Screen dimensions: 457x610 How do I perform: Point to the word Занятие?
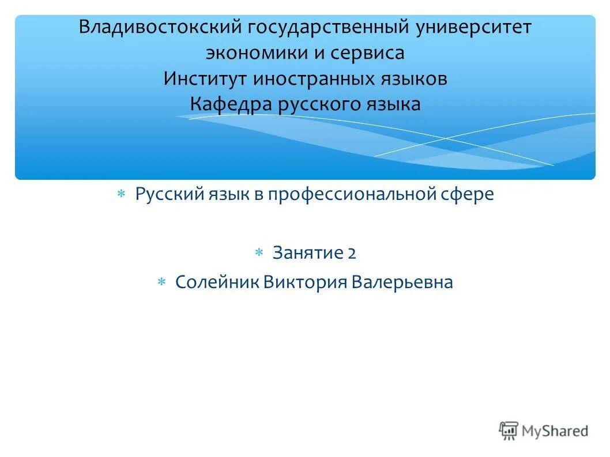308,252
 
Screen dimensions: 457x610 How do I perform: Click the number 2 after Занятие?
352,252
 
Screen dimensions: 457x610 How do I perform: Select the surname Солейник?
217,282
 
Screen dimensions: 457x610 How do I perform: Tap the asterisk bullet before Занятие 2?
259,253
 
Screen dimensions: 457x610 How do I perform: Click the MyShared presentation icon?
509,430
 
